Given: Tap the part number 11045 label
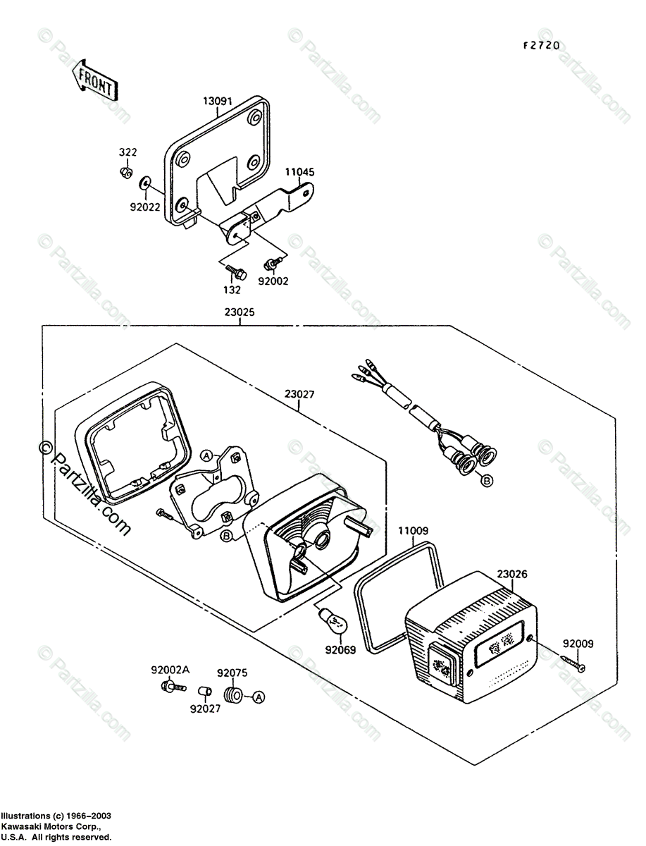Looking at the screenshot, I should [x=299, y=171].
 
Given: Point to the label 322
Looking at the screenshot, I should [x=128, y=152].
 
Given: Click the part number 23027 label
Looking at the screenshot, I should [x=301, y=396].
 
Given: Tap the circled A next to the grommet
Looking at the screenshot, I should [x=259, y=697].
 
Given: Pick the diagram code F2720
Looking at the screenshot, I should [x=540, y=46].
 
